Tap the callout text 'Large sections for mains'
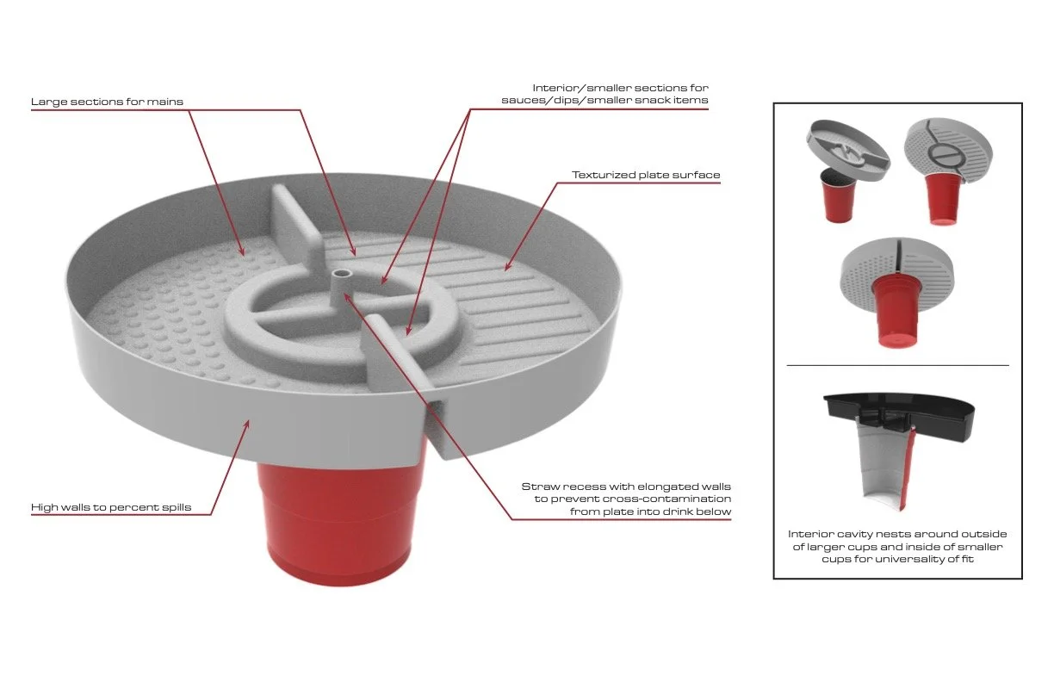(x=107, y=102)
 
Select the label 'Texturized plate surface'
(x=646, y=175)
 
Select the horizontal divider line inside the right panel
(x=897, y=366)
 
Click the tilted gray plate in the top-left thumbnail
(x=847, y=151)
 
